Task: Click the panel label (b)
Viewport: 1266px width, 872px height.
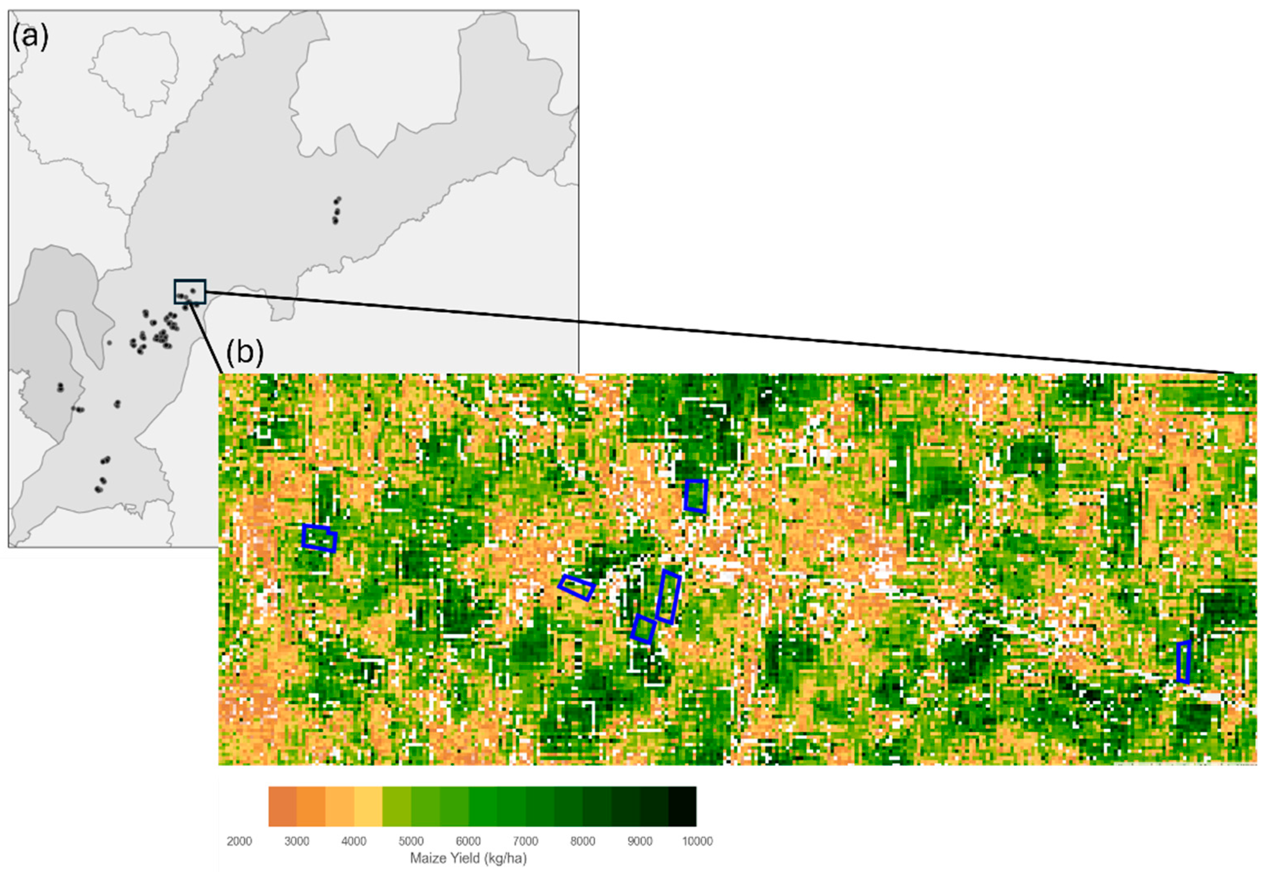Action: [x=244, y=353]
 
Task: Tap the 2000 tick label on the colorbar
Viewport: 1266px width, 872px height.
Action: [x=239, y=841]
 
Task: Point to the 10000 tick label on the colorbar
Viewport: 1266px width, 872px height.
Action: [x=697, y=841]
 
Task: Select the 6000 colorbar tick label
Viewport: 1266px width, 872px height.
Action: [x=468, y=841]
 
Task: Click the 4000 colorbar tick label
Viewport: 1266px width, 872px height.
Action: [x=354, y=841]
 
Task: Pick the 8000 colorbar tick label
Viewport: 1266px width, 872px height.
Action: [x=583, y=841]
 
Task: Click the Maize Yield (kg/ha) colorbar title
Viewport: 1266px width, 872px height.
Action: [x=468, y=858]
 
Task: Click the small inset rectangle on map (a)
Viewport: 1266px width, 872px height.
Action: [x=190, y=291]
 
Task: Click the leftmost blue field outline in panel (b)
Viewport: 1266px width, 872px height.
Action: [x=319, y=538]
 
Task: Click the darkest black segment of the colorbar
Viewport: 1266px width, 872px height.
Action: [x=682, y=806]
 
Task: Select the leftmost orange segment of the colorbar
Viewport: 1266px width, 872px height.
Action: [x=283, y=806]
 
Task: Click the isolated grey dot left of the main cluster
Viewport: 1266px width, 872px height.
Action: [x=109, y=343]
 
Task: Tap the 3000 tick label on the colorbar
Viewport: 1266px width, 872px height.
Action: [x=297, y=841]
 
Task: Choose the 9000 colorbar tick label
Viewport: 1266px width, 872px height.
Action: [x=640, y=841]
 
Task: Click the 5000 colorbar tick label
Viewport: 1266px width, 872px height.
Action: [x=411, y=841]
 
